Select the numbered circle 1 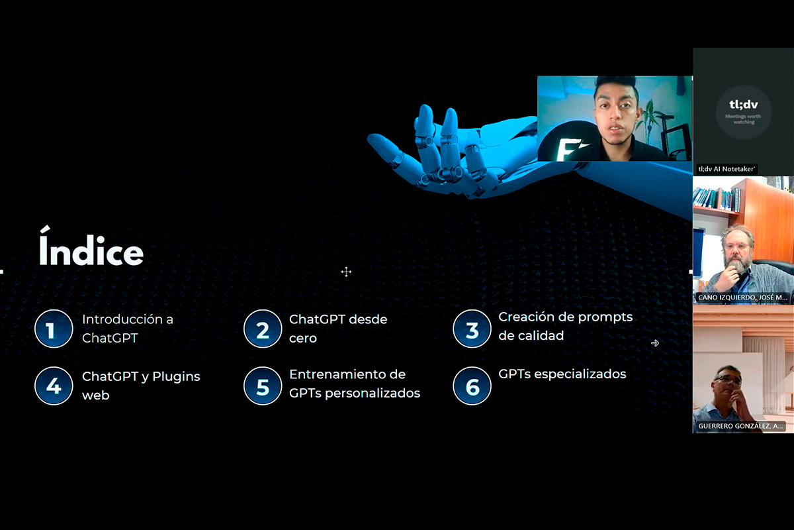[54, 329]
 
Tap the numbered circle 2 [263, 329]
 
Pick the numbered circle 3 [472, 329]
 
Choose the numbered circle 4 [54, 386]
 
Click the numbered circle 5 [263, 386]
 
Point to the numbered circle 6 [472, 386]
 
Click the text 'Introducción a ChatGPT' [128, 329]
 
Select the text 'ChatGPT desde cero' [338, 329]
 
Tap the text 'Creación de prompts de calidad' [565, 326]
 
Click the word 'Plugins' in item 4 [176, 377]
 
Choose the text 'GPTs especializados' [562, 374]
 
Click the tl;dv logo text [743, 105]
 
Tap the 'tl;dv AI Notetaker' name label [727, 169]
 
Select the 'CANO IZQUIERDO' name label [742, 297]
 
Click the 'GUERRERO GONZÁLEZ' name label [740, 426]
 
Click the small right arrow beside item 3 [655, 343]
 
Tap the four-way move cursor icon [346, 272]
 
